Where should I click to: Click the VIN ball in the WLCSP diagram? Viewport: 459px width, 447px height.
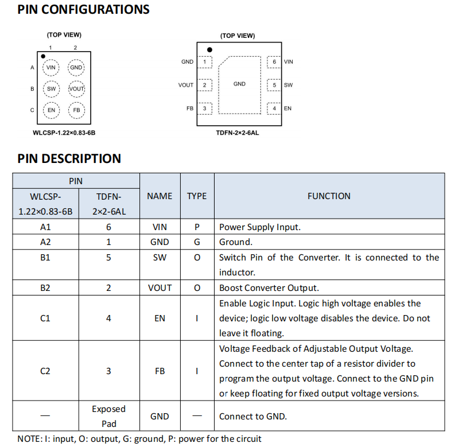point(51,68)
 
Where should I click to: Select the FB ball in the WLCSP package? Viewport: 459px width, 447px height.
point(76,110)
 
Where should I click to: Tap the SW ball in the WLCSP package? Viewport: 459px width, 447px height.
point(51,89)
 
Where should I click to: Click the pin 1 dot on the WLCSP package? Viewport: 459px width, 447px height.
point(43,56)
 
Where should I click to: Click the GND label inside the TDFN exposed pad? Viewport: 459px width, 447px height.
point(239,84)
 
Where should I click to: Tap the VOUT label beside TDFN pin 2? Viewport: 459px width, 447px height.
point(186,85)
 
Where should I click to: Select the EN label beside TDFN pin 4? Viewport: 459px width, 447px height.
point(287,108)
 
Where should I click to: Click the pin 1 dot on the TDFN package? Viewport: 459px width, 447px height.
point(209,50)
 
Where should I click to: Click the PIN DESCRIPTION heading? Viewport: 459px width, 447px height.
point(69,158)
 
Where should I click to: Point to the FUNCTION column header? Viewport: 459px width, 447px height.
point(329,196)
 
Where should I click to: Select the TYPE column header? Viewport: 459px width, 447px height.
point(197,196)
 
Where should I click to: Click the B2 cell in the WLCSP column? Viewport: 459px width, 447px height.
point(45,288)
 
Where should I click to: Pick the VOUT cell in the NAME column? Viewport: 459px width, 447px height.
point(160,288)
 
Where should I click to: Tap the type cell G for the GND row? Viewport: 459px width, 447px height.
point(197,242)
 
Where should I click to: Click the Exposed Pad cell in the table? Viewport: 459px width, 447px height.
point(108,416)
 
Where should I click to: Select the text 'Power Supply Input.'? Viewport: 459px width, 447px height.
point(260,227)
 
